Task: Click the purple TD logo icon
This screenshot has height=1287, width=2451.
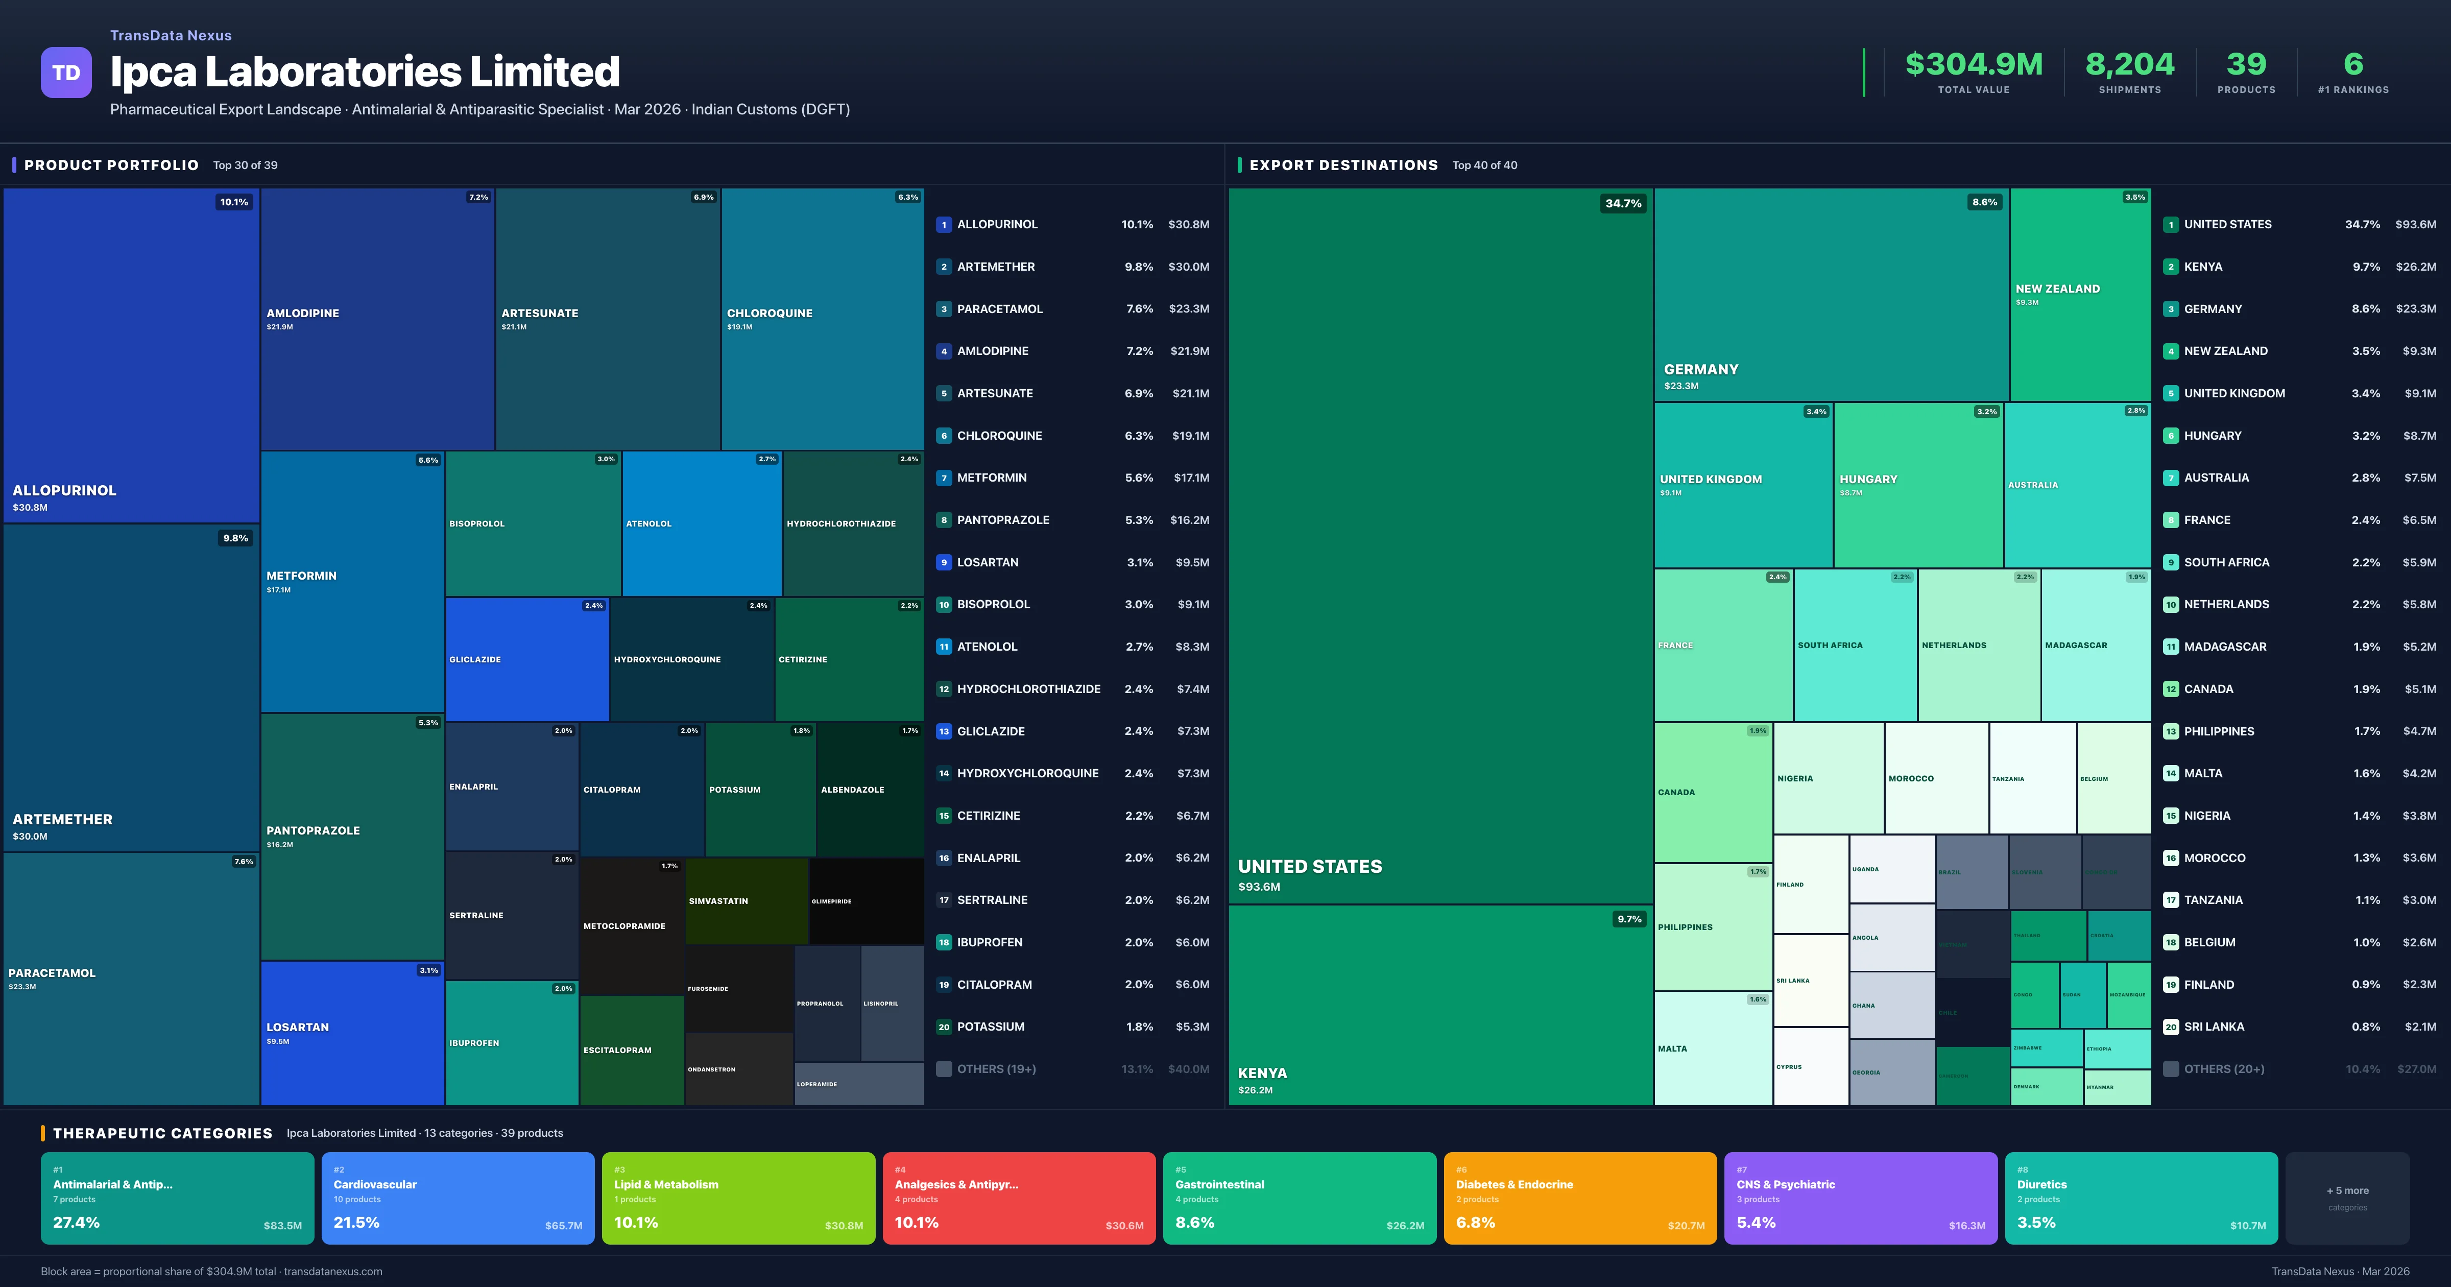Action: pos(66,73)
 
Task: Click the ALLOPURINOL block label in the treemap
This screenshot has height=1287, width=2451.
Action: pos(65,490)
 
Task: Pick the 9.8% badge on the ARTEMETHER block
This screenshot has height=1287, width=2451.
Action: pos(235,538)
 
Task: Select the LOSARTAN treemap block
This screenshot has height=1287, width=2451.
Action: pos(352,1033)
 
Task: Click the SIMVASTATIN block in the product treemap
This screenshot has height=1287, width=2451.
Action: pos(746,900)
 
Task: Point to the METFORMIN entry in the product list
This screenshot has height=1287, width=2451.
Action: pos(992,478)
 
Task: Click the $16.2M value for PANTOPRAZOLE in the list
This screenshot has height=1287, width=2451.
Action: pos(1189,520)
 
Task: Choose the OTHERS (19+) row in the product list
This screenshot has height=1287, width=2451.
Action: pos(996,1069)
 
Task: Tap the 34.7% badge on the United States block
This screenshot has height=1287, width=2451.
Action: pos(1623,203)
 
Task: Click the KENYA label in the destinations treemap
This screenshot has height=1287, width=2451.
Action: pos(1263,1073)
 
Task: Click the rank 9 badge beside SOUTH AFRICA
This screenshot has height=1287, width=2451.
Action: pos(2170,563)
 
